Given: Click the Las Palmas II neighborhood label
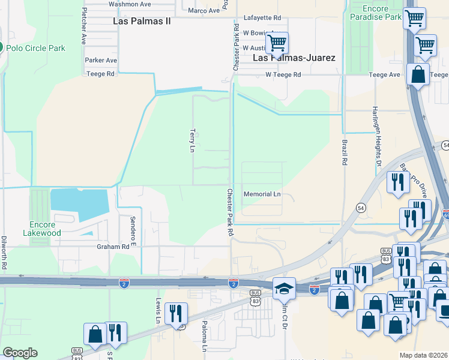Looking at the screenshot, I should point(142,21).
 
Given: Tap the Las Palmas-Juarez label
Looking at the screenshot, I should point(294,58).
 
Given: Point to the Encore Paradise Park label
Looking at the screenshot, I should point(376,13).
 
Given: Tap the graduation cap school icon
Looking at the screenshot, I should point(283,289).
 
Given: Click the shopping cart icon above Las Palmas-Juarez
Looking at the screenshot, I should point(277,43).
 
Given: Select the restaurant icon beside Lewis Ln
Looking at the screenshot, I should point(176,313).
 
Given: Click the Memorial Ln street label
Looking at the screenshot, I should point(262,194).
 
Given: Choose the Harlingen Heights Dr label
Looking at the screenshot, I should point(376,139).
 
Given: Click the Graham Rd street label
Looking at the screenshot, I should point(113,246).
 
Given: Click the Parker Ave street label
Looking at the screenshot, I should point(101,61).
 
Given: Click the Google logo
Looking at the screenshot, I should point(20,353).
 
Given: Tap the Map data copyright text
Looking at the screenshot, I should point(423,355).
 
